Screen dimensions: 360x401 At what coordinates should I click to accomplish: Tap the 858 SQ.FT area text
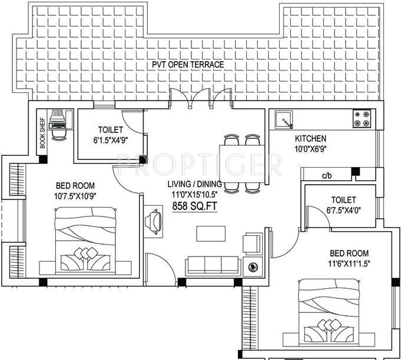pyautogui.click(x=195, y=206)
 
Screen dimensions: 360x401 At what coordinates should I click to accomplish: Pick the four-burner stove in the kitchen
pyautogui.click(x=362, y=119)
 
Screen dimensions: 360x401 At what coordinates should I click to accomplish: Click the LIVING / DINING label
pyautogui.click(x=195, y=183)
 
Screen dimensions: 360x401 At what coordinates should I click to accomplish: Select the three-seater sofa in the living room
pyautogui.click(x=212, y=266)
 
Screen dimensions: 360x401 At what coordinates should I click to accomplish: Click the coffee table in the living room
pyautogui.click(x=210, y=233)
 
